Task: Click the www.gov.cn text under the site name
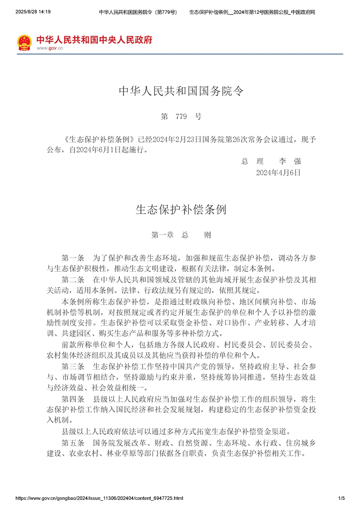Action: click(49, 48)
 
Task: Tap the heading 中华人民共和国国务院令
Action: click(181, 92)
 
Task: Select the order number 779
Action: click(181, 117)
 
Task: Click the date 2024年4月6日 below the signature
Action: click(278, 172)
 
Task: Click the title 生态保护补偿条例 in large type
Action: click(181, 209)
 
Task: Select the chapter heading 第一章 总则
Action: click(181, 235)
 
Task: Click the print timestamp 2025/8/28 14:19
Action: click(33, 12)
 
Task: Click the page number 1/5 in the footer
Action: click(341, 498)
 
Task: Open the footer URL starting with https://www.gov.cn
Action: click(99, 498)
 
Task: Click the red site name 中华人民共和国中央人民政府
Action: click(94, 39)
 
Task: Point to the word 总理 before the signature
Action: click(252, 162)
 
